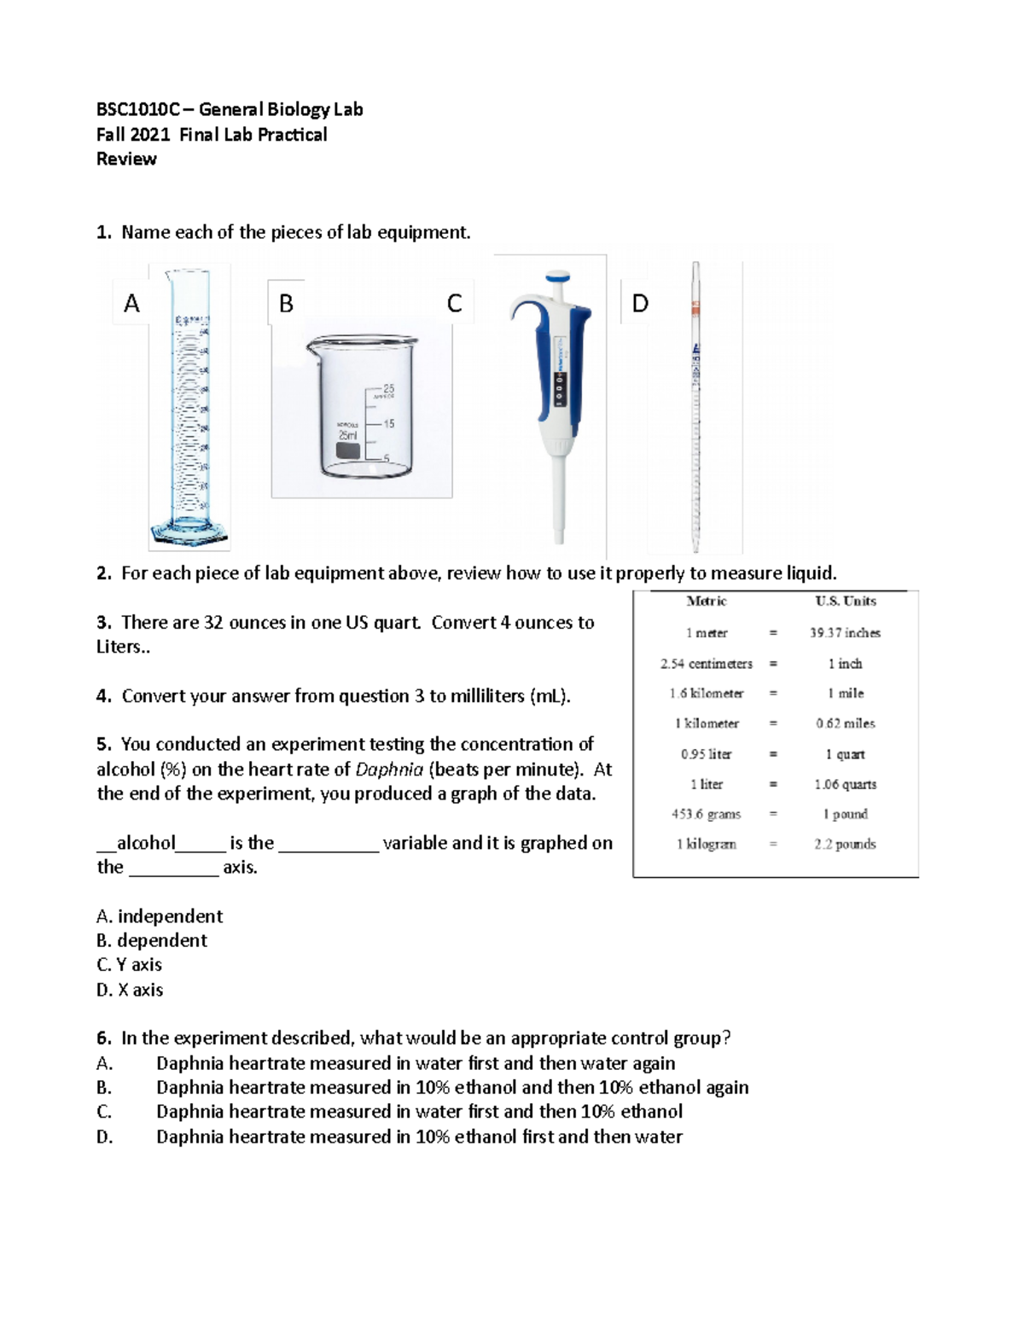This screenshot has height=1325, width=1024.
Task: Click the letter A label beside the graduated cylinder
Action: click(131, 303)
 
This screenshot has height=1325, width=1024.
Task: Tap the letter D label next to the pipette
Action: click(640, 303)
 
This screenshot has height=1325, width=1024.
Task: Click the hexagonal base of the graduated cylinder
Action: click(189, 532)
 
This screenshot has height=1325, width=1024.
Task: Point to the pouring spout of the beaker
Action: click(312, 346)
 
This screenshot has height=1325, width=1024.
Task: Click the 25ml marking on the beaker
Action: click(348, 435)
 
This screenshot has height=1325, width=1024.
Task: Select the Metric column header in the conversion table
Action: click(706, 601)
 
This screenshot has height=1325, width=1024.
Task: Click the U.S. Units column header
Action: click(845, 601)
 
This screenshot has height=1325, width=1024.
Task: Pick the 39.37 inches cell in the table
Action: click(845, 633)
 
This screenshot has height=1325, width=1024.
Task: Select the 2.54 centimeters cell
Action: click(706, 664)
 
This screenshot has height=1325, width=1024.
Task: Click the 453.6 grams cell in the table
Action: click(706, 814)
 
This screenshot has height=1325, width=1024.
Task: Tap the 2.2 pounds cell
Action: click(845, 844)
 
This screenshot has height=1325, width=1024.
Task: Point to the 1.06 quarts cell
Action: click(845, 784)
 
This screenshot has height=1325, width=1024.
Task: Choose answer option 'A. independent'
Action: click(160, 916)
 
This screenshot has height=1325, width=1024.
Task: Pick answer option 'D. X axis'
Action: click(130, 990)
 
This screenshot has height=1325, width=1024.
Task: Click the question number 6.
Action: click(103, 1038)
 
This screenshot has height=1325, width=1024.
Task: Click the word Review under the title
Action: click(126, 159)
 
